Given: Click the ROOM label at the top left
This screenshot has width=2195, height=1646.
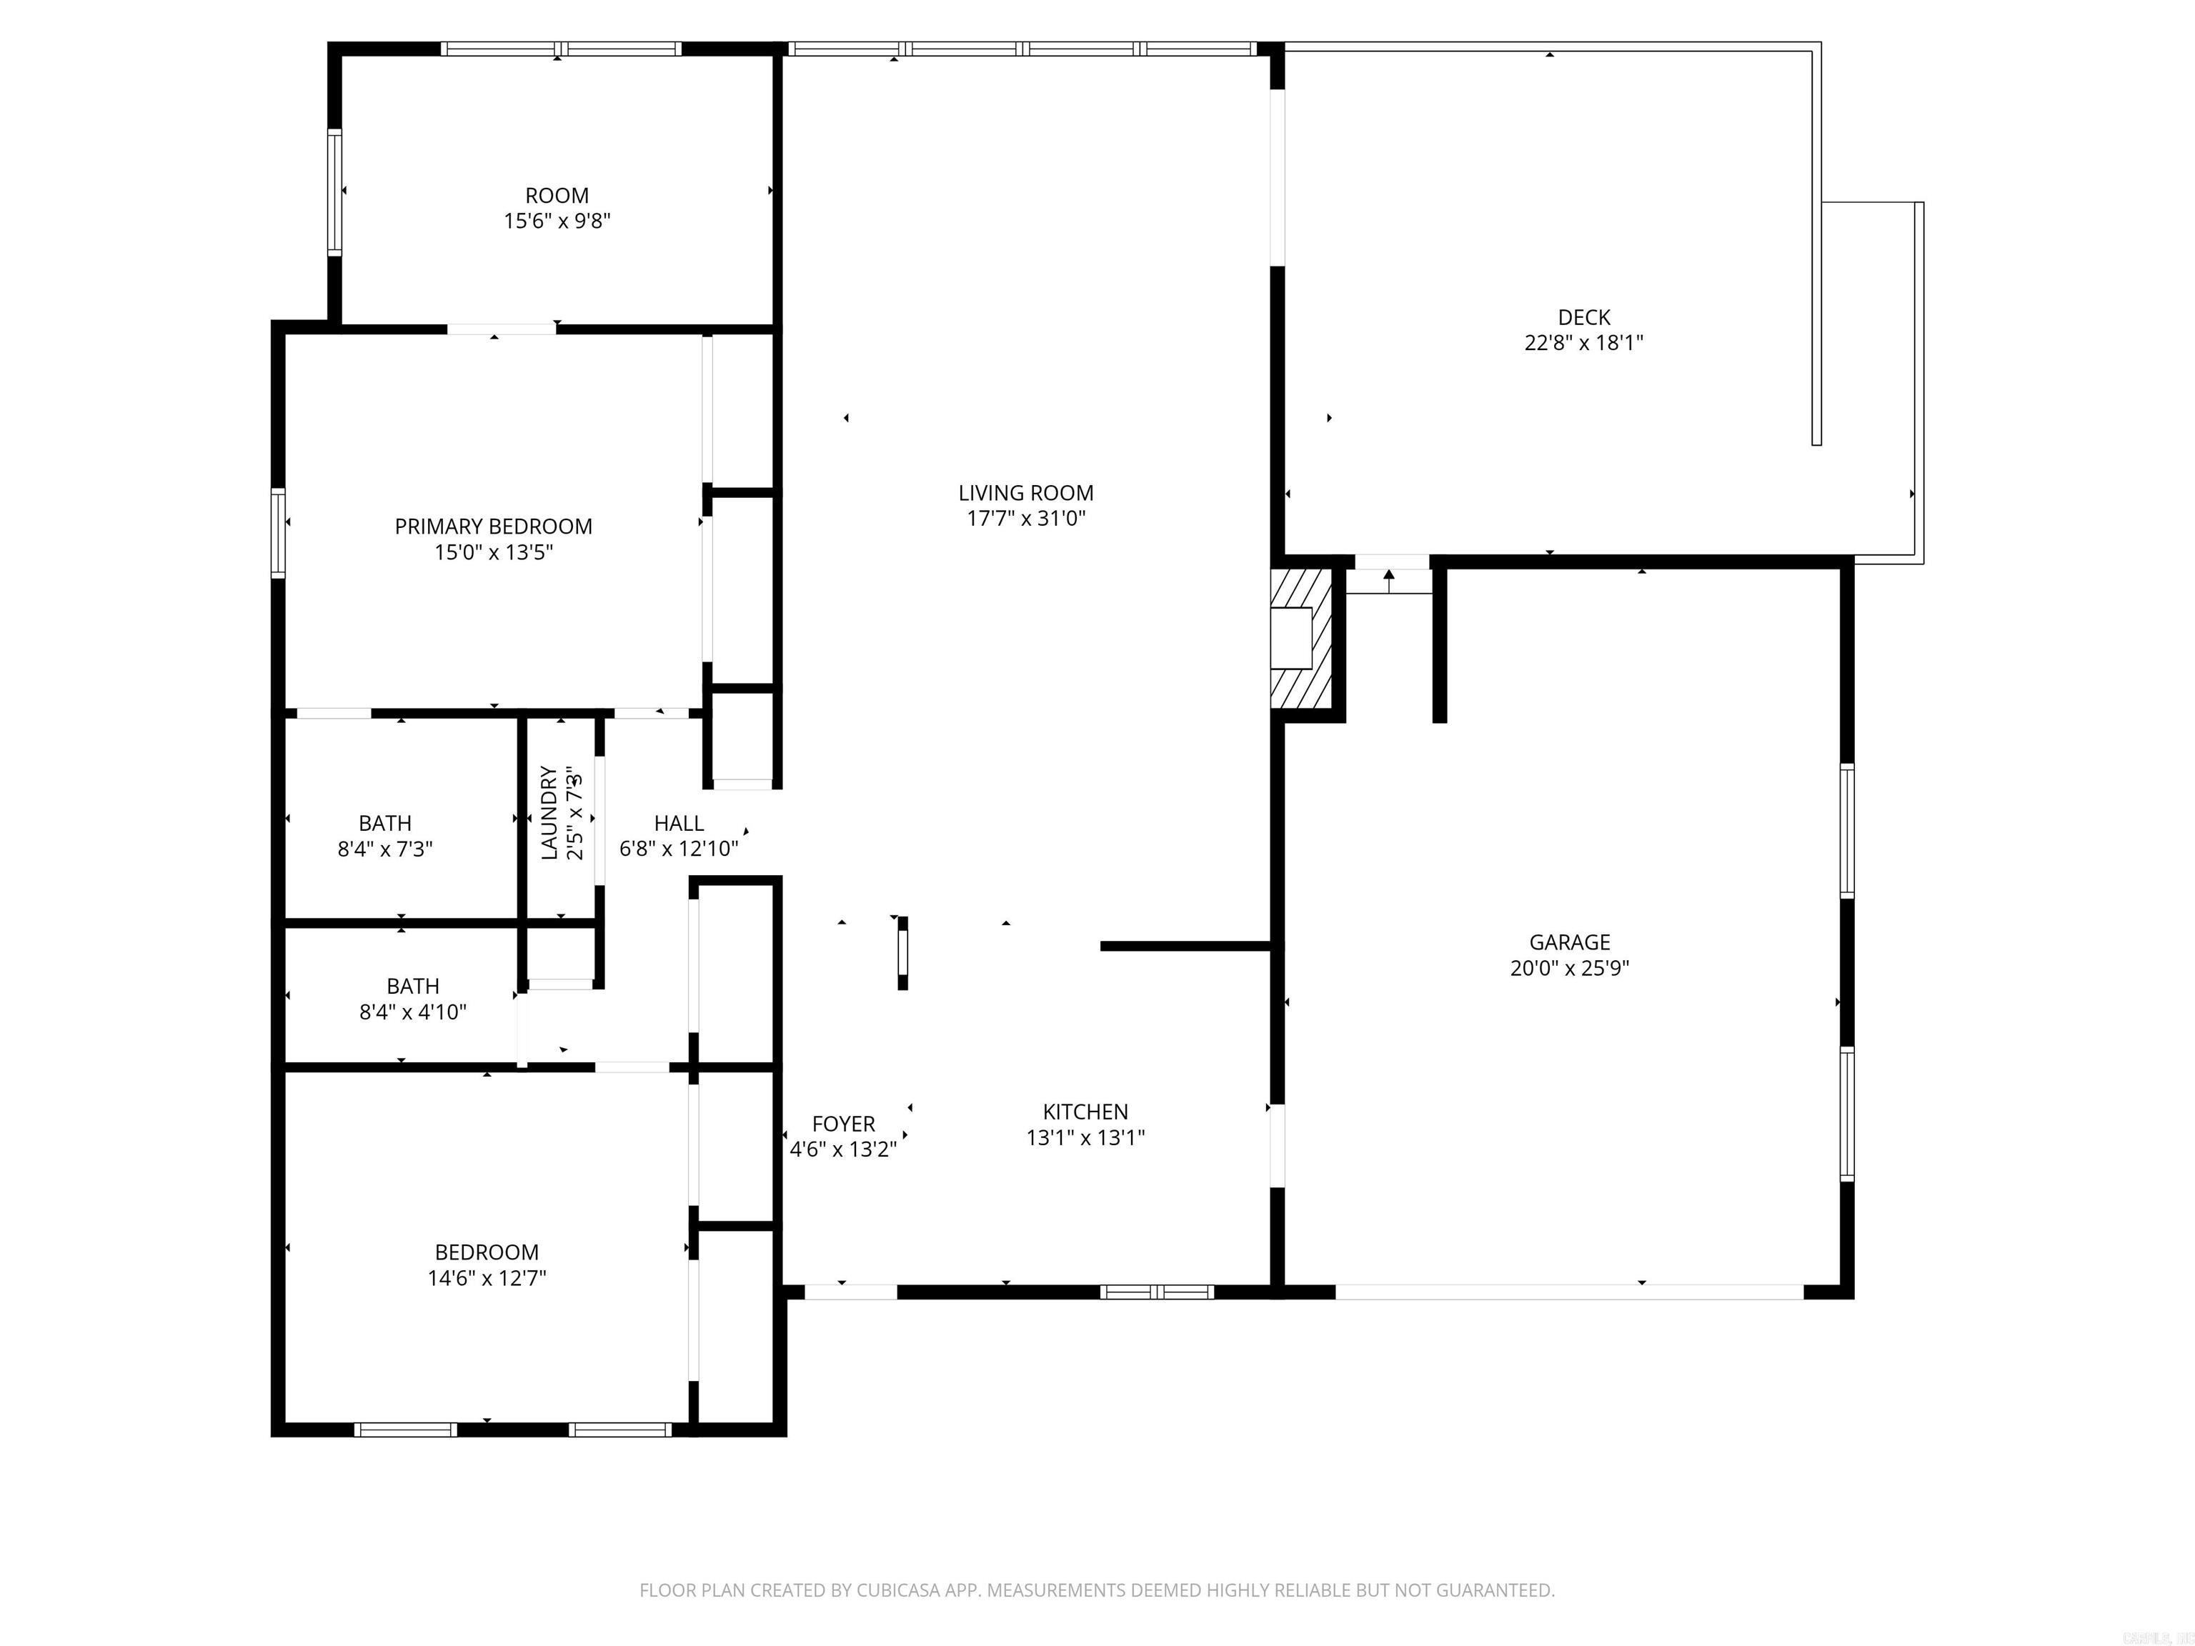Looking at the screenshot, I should tap(557, 196).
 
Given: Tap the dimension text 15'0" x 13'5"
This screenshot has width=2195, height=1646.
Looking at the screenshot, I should tap(493, 552).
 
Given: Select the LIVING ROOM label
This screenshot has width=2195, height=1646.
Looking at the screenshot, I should tap(1026, 493).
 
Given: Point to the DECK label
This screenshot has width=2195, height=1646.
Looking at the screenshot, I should tap(1584, 317).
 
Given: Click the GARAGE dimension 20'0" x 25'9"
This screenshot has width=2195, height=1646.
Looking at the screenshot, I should tap(1570, 968).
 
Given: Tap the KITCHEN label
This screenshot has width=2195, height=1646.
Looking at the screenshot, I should tap(1085, 1112).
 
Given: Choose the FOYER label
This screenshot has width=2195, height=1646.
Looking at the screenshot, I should tap(843, 1124).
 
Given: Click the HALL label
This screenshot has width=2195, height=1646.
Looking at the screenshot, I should tap(679, 824).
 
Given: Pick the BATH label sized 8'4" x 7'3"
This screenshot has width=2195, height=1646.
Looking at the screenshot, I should tap(385, 824).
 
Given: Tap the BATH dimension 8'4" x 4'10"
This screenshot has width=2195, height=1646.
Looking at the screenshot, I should tap(413, 1012).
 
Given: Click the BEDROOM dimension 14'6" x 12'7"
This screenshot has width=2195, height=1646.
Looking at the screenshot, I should tap(487, 1278).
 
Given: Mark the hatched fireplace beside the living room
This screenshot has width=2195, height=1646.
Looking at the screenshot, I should tap(1301, 638).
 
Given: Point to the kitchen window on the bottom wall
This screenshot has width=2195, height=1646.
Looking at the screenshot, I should tap(1157, 1292).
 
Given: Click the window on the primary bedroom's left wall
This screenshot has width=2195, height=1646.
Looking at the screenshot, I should tap(279, 533).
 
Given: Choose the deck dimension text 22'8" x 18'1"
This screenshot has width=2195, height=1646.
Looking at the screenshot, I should tap(1584, 344).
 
